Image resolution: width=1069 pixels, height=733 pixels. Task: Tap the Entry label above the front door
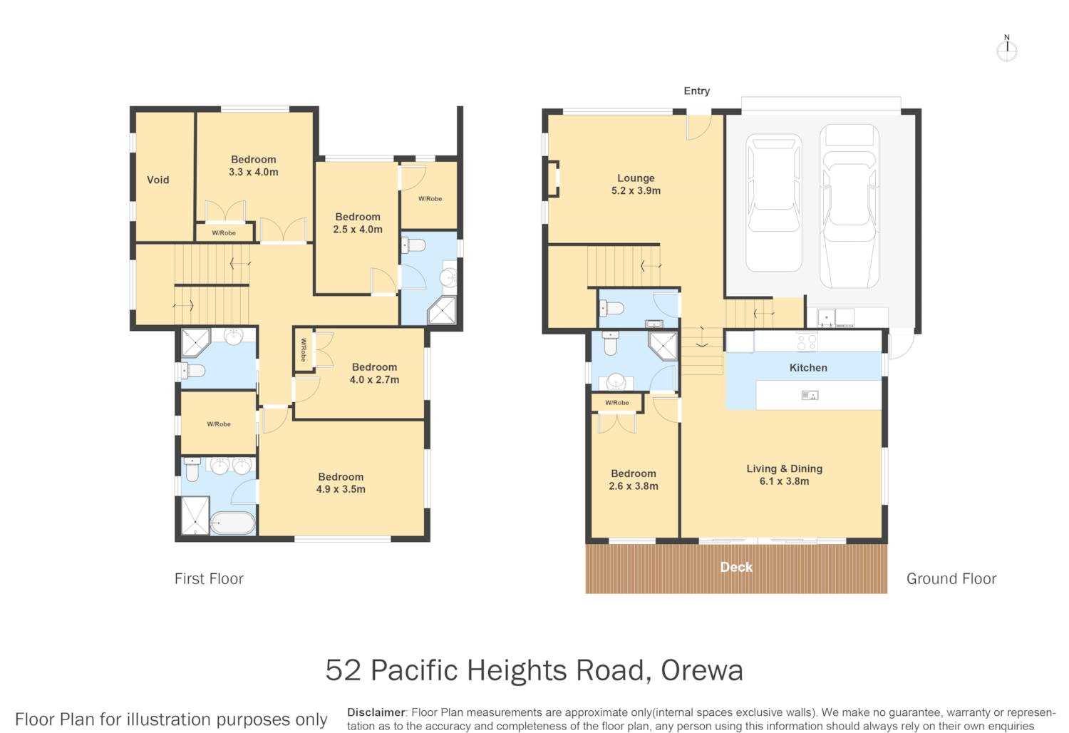tap(696, 91)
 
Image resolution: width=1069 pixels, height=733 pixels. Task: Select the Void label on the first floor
tap(158, 180)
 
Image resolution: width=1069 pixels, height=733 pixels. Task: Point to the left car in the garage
tap(773, 203)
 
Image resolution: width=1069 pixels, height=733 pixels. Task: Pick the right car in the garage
tap(849, 206)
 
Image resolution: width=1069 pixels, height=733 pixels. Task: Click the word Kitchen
tap(808, 368)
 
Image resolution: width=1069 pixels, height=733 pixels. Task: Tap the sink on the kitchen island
tap(810, 396)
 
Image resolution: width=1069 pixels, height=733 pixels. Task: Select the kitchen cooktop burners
tap(807, 341)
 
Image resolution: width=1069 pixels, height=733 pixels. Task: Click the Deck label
tap(736, 567)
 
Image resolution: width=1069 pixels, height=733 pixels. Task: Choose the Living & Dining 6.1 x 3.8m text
tap(784, 475)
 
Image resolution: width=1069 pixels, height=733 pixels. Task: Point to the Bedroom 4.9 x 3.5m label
tap(341, 483)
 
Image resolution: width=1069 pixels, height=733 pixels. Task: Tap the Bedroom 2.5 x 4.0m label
tap(358, 223)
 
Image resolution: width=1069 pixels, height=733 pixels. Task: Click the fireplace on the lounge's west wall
tap(553, 179)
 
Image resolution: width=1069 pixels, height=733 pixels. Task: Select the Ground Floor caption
tap(951, 579)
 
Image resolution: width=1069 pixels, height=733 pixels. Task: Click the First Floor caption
tap(209, 579)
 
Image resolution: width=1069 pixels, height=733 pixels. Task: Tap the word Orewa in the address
tap(701, 670)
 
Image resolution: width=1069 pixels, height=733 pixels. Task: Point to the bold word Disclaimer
tap(376, 712)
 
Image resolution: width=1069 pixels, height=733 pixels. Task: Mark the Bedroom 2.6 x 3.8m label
tap(634, 480)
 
